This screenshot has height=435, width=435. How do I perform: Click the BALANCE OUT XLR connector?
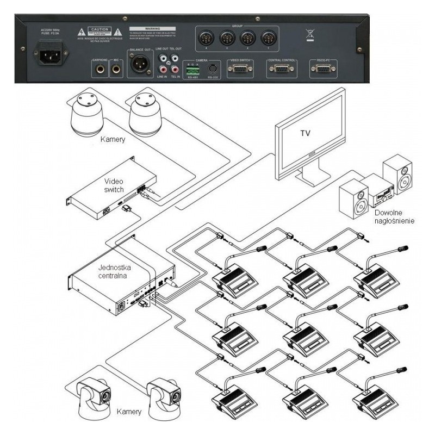pyautogui.click(x=138, y=67)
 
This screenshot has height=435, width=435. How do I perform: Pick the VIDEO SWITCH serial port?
pyautogui.click(x=238, y=69)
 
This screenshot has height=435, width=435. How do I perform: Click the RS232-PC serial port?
pyautogui.click(x=321, y=69)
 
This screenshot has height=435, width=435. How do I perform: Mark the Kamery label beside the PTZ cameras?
pyautogui.click(x=130, y=412)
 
